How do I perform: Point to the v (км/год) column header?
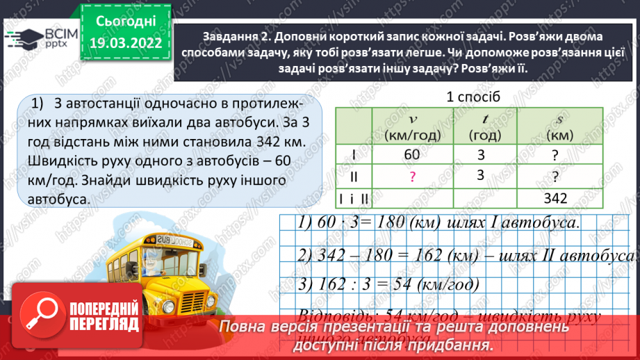(x=411, y=126)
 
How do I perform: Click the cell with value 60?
(x=412, y=155)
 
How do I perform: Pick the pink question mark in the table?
(x=412, y=177)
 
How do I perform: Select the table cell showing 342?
(x=556, y=198)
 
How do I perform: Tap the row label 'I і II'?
(x=354, y=198)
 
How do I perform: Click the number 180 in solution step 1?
(x=379, y=223)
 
